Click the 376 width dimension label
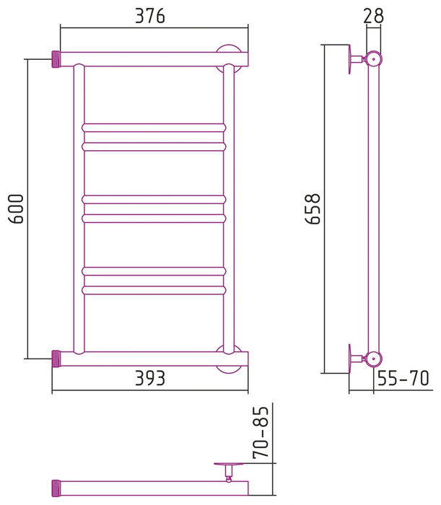point(150,15)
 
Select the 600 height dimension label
point(16,209)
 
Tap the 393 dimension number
point(150,378)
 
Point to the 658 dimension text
point(312,209)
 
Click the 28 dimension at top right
point(374,15)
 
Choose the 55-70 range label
point(403,378)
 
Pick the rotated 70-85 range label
point(261,432)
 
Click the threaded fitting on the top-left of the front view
point(56,59)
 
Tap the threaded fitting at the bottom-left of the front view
point(56,359)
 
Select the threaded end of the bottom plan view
point(56,488)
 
